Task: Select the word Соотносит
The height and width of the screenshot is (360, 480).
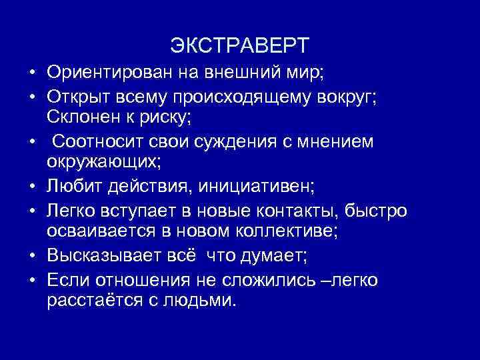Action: coord(95,143)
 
